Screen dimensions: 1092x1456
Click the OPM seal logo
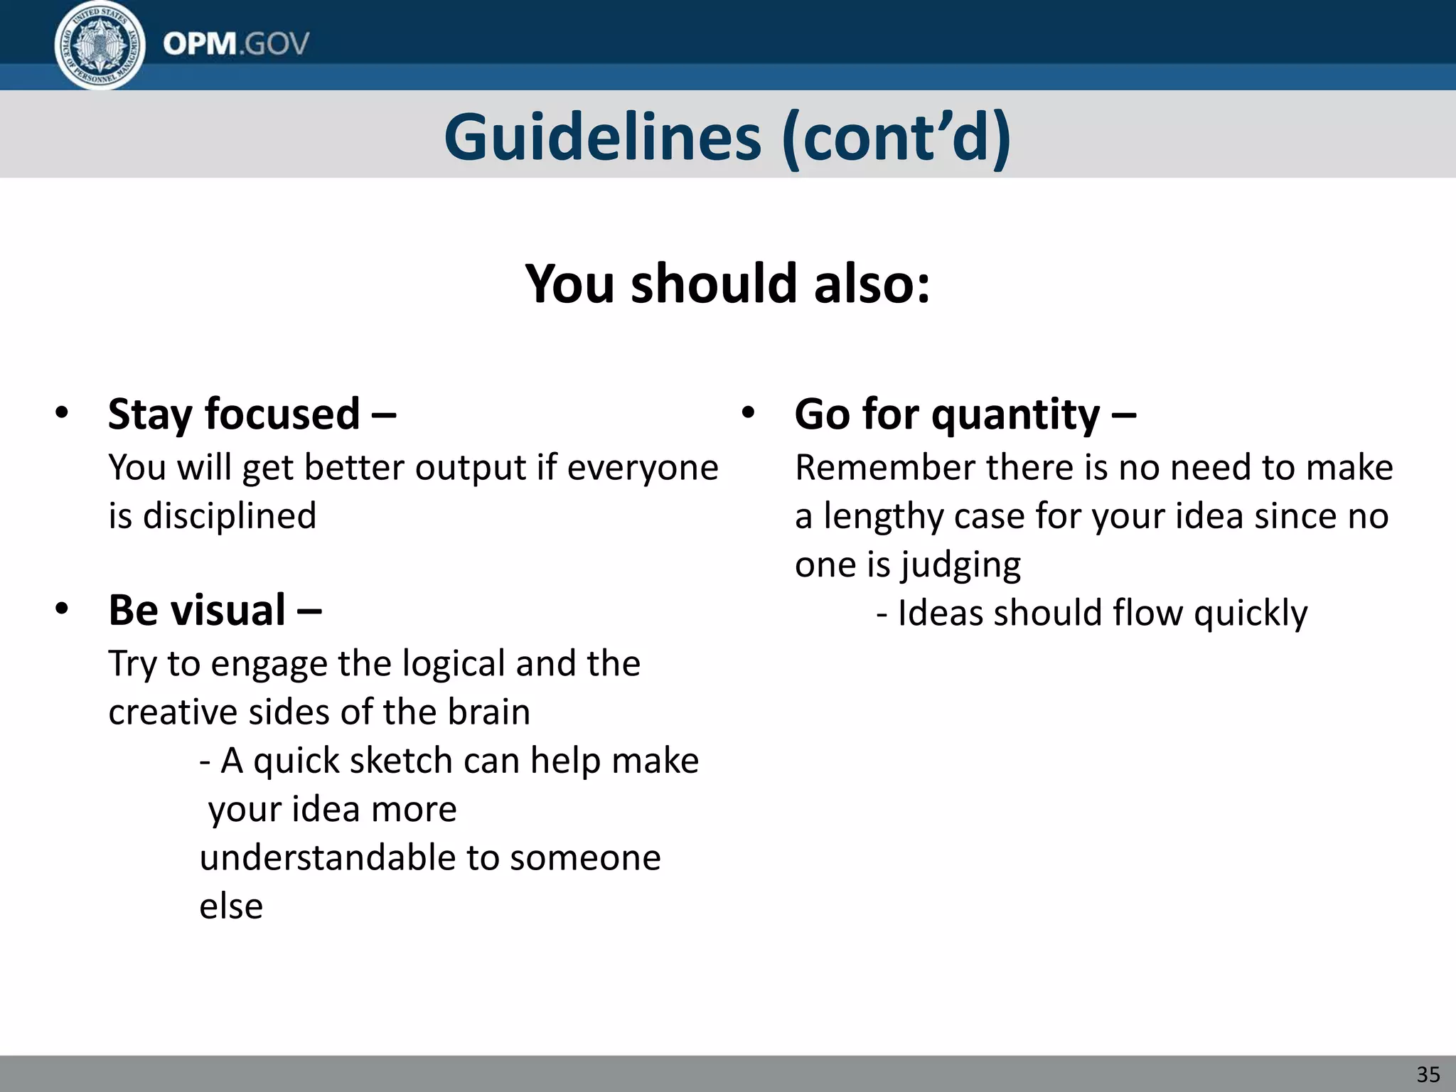[x=100, y=44]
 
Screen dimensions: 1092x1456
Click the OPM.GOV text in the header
[x=235, y=44]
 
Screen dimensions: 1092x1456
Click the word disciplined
[x=230, y=515]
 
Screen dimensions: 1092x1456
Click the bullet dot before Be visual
[x=62, y=609]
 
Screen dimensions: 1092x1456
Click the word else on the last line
[x=231, y=906]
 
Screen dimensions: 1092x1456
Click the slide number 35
[x=1428, y=1074]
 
